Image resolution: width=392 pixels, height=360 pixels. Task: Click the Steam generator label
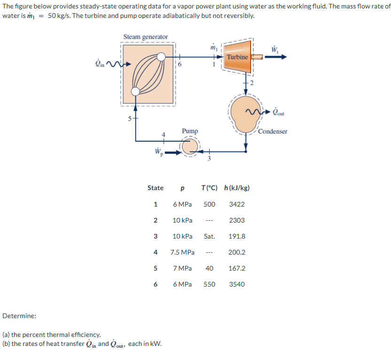pos(145,37)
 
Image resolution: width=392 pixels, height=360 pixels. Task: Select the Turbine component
pos(237,57)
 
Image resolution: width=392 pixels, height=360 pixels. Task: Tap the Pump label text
pos(190,131)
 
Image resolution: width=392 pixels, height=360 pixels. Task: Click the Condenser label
pos(273,131)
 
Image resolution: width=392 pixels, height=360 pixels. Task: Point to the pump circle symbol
pos(190,147)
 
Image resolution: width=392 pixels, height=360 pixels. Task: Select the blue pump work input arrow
pos(172,152)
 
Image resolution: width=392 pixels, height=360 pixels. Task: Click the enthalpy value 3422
pos(236,204)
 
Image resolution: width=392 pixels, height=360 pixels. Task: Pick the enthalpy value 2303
pos(236,220)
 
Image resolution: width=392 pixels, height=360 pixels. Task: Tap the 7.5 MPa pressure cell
pos(182,252)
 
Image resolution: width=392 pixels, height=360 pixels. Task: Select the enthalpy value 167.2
pos(236,268)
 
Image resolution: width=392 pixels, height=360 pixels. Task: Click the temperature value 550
pos(209,284)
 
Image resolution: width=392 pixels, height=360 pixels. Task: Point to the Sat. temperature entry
pos(209,236)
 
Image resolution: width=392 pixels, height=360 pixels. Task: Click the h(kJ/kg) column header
pos(237,188)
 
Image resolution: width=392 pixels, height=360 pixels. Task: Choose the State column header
pos(156,188)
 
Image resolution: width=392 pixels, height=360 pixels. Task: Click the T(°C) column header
pos(209,188)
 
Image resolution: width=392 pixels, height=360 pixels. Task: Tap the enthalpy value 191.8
pos(236,236)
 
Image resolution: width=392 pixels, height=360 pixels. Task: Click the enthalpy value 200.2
pos(236,252)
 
